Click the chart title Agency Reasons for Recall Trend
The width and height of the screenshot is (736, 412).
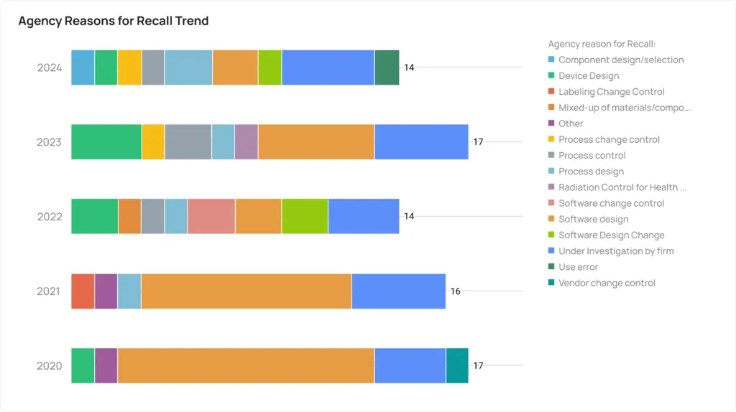pyautogui.click(x=114, y=21)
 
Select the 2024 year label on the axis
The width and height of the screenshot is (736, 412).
pyautogui.click(x=50, y=68)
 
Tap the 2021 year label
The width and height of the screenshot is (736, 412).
pyautogui.click(x=50, y=291)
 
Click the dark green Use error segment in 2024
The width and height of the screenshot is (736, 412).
pyautogui.click(x=387, y=67)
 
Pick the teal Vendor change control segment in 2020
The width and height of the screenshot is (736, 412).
pyautogui.click(x=457, y=365)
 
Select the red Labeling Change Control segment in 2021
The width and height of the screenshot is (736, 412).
pyautogui.click(x=83, y=291)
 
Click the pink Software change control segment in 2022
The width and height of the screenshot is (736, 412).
pyautogui.click(x=211, y=216)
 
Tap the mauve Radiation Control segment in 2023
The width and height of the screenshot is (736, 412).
pyautogui.click(x=246, y=141)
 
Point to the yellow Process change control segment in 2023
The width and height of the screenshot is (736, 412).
pyautogui.click(x=153, y=141)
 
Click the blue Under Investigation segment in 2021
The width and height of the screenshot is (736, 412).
pyautogui.click(x=398, y=291)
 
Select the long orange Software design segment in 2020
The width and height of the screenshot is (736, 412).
pyautogui.click(x=246, y=365)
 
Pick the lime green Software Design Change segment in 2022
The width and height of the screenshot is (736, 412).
pyautogui.click(x=305, y=216)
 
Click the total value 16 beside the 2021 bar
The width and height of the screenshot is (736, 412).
pyautogui.click(x=456, y=291)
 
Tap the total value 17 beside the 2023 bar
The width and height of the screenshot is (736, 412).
pyautogui.click(x=478, y=142)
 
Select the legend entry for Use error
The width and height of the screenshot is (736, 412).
pyautogui.click(x=578, y=267)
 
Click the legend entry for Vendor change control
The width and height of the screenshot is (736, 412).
pyautogui.click(x=607, y=283)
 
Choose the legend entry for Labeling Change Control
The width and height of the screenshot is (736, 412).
pyautogui.click(x=611, y=92)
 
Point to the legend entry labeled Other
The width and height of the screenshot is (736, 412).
pyautogui.click(x=571, y=123)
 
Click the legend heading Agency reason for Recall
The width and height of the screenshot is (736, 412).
pyautogui.click(x=602, y=44)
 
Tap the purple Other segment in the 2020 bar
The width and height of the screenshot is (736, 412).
pyautogui.click(x=106, y=365)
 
